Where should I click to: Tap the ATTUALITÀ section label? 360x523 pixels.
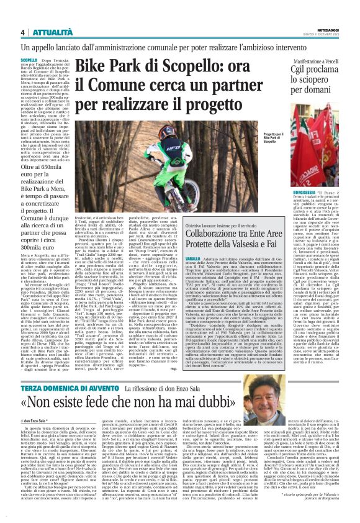47,32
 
